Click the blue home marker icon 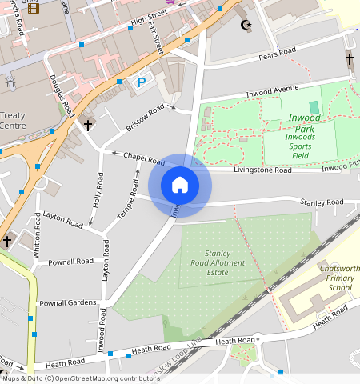180,185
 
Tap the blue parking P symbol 142,82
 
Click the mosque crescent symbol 246,25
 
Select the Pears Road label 278,57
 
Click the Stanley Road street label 321,202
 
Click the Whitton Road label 38,242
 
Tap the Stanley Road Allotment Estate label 207,264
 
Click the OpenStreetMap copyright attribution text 79,378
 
